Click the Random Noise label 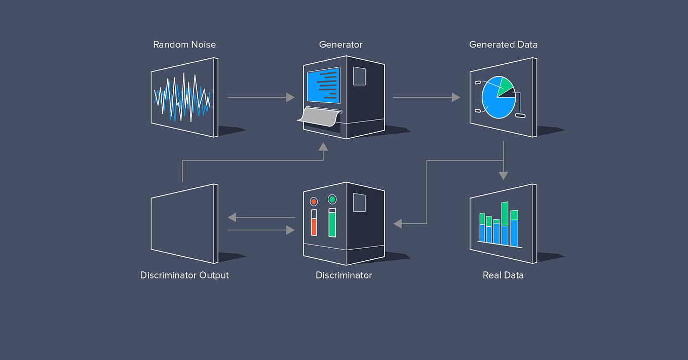(184, 45)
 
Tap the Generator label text (340, 45)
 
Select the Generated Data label (503, 45)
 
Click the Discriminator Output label (184, 275)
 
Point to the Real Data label (503, 275)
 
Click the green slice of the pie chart (505, 85)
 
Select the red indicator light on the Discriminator (314, 201)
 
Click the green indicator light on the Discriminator (332, 199)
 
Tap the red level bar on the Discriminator (314, 226)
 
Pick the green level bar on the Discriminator (332, 224)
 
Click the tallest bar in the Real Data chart (505, 223)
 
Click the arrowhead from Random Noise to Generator (290, 97)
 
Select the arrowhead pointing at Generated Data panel (456, 97)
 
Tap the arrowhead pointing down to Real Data (503, 176)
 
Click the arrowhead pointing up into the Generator (323, 147)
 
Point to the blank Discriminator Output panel (184, 224)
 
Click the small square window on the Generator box (359, 76)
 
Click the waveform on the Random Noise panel (182, 98)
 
